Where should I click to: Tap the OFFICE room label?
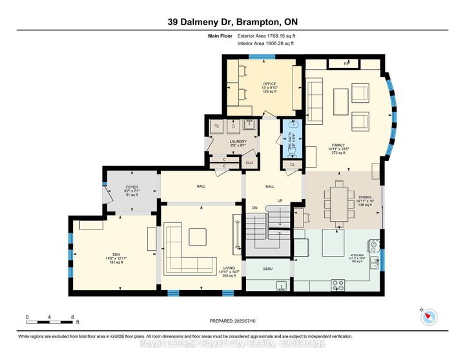[x=269, y=84]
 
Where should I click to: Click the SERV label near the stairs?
[x=267, y=268]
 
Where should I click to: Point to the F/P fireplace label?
[x=346, y=63]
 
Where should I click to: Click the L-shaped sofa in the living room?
[x=185, y=249]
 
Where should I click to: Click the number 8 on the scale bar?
[x=72, y=317]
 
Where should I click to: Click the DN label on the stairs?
[x=255, y=207]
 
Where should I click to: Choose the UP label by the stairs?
[x=280, y=201]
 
